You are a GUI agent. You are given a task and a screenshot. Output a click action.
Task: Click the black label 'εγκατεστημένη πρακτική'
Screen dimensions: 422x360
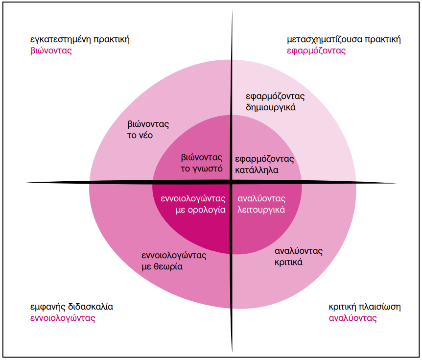(x=80, y=40)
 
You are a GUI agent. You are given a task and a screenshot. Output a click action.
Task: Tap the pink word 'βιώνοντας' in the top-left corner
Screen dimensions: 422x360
(x=51, y=50)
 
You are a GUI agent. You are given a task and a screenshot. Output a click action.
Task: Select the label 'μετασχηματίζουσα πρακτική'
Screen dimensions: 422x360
(x=344, y=40)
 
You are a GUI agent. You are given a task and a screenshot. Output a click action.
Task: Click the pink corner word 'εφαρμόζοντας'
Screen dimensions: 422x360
(x=316, y=51)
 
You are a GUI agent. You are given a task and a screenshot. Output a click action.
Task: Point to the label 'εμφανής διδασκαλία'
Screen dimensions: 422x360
(x=71, y=307)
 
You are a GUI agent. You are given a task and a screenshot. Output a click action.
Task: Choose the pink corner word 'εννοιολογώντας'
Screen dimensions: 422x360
(x=63, y=318)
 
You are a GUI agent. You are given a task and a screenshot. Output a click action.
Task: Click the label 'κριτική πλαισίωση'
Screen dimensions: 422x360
(x=365, y=307)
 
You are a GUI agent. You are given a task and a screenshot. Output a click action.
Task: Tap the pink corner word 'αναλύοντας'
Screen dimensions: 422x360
(x=352, y=318)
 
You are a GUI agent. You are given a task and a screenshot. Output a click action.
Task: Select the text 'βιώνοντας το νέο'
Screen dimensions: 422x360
(x=148, y=129)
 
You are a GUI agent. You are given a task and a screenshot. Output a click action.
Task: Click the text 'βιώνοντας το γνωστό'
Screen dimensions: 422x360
(x=202, y=163)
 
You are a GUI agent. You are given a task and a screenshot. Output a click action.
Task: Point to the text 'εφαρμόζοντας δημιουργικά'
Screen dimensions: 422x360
(x=275, y=102)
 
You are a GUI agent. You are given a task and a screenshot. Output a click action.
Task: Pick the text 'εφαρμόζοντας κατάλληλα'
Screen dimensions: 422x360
(x=264, y=165)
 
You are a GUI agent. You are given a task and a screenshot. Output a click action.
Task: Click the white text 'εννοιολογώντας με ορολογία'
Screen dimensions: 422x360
(x=193, y=204)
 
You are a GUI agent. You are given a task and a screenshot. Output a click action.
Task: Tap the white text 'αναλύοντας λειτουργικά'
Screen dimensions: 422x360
(x=261, y=204)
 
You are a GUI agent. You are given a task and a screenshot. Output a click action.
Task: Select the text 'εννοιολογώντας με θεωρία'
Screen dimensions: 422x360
(x=174, y=261)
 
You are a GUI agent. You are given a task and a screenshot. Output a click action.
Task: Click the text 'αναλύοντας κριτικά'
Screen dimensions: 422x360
(x=299, y=257)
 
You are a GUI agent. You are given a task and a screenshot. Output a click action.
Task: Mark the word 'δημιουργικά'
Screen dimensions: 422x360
(x=271, y=107)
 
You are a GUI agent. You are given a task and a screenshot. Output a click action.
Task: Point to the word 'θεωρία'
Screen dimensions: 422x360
(x=168, y=266)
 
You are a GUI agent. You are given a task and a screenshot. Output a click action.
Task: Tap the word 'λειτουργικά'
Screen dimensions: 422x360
(x=261, y=210)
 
